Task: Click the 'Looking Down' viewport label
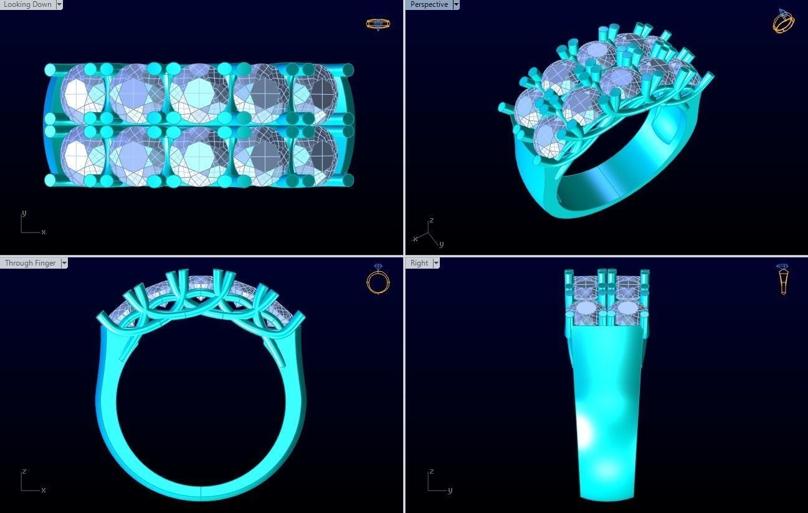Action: pos(27,4)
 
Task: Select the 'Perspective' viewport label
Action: pos(429,4)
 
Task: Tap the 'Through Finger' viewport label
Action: pos(30,263)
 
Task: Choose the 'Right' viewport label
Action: pos(419,263)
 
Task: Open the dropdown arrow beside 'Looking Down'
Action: pos(59,4)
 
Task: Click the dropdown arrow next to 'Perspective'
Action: pos(456,4)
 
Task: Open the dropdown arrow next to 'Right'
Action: pos(436,263)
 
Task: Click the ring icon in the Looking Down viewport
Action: pos(378,24)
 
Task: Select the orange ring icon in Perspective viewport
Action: pos(783,21)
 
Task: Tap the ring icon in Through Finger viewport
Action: pos(378,279)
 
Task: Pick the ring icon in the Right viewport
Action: pos(783,279)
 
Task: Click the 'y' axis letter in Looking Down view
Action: pos(24,213)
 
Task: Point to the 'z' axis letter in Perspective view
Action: pos(431,221)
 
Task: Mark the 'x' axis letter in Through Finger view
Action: pos(43,490)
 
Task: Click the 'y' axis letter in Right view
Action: pos(450,490)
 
